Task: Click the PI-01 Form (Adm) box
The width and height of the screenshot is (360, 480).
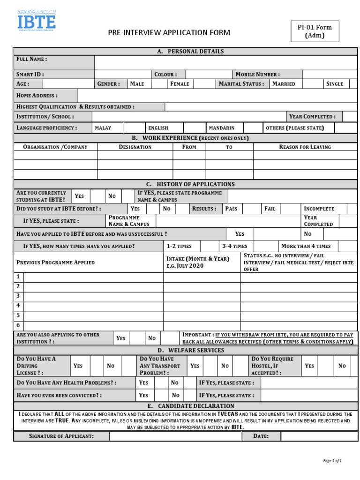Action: pyautogui.click(x=314, y=31)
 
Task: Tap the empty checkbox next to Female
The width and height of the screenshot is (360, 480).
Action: pyautogui.click(x=204, y=84)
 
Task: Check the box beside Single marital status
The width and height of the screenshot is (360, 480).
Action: pyautogui.click(x=352, y=84)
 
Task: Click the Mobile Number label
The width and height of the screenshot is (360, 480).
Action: pyautogui.click(x=257, y=74)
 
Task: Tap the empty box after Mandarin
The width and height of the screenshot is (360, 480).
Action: pyautogui.click(x=253, y=127)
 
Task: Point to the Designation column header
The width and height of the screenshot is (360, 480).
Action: pyautogui.click(x=135, y=147)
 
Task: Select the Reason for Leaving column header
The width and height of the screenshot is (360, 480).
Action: pyautogui.click(x=305, y=147)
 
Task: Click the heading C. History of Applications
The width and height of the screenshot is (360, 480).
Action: pyautogui.click(x=190, y=184)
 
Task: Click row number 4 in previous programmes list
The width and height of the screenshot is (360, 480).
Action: pyautogui.click(x=18, y=306)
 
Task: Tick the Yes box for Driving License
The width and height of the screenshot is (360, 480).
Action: pyautogui.click(x=97, y=366)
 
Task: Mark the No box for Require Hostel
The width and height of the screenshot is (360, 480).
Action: pyautogui.click(x=353, y=366)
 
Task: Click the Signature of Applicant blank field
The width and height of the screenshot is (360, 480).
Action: pyautogui.click(x=175, y=436)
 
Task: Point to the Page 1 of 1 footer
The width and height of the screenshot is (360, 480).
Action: pyautogui.click(x=332, y=461)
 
